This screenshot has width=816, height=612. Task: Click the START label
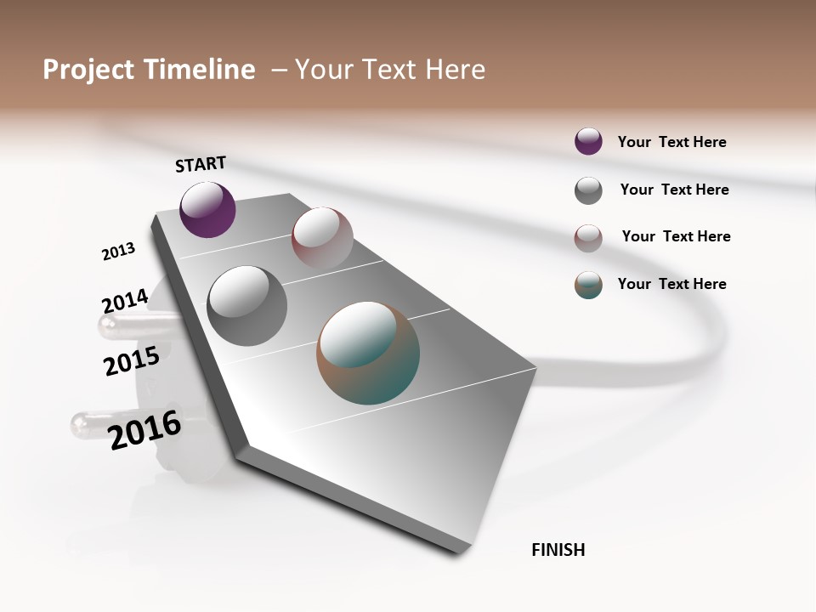click(x=201, y=164)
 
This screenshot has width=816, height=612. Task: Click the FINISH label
click(x=558, y=550)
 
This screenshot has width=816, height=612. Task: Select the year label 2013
click(x=118, y=252)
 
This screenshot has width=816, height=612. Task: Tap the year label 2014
click(x=125, y=302)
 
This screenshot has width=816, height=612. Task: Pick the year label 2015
click(x=132, y=361)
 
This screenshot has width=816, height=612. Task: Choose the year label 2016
click(x=145, y=429)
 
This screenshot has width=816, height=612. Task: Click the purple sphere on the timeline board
click(x=207, y=209)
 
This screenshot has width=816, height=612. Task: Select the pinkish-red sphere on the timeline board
click(x=322, y=237)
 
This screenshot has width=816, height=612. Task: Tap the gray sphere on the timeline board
click(x=246, y=305)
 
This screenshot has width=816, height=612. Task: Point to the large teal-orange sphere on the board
click(x=368, y=353)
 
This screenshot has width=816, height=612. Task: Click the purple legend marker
click(x=588, y=142)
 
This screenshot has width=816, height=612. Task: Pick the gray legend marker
click(x=588, y=190)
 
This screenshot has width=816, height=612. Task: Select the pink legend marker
click(x=588, y=238)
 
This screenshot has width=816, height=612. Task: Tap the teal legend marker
click(x=588, y=285)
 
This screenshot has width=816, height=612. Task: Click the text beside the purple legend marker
click(x=671, y=142)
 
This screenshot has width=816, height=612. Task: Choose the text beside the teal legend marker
click(x=671, y=284)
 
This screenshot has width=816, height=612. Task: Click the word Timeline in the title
click(x=199, y=70)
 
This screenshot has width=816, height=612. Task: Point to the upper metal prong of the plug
click(x=127, y=324)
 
